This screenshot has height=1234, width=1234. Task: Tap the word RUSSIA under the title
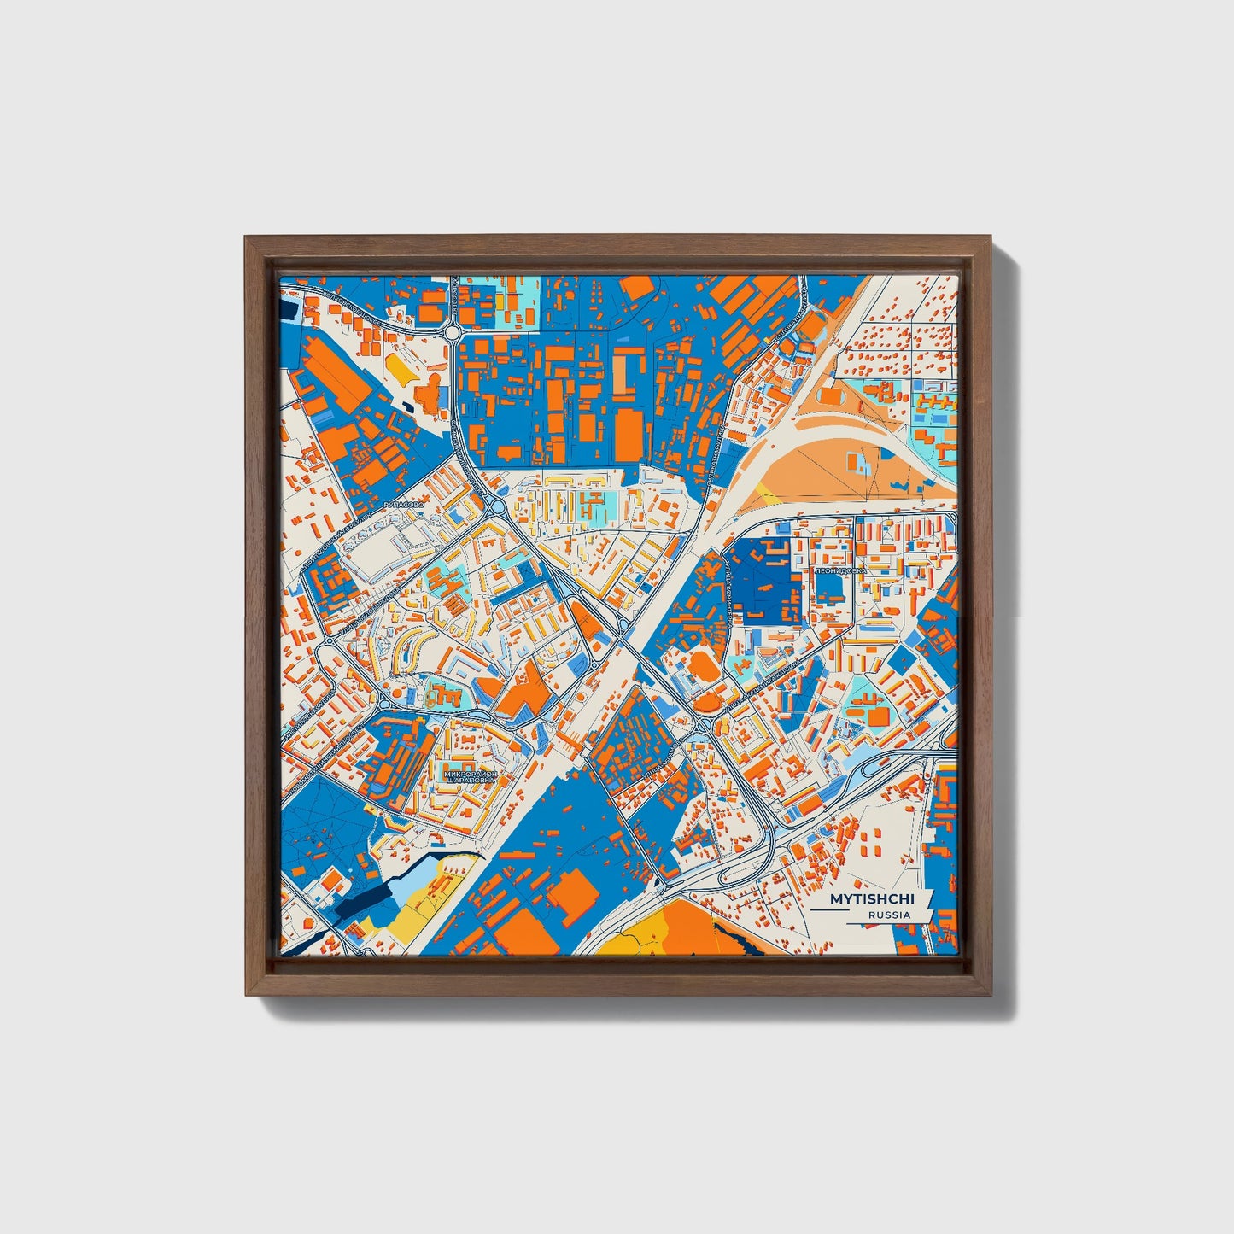888,915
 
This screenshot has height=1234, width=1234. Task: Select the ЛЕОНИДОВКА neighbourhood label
840,570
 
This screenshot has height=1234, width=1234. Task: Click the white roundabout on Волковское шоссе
452,331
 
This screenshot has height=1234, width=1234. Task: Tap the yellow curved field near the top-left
398,368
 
